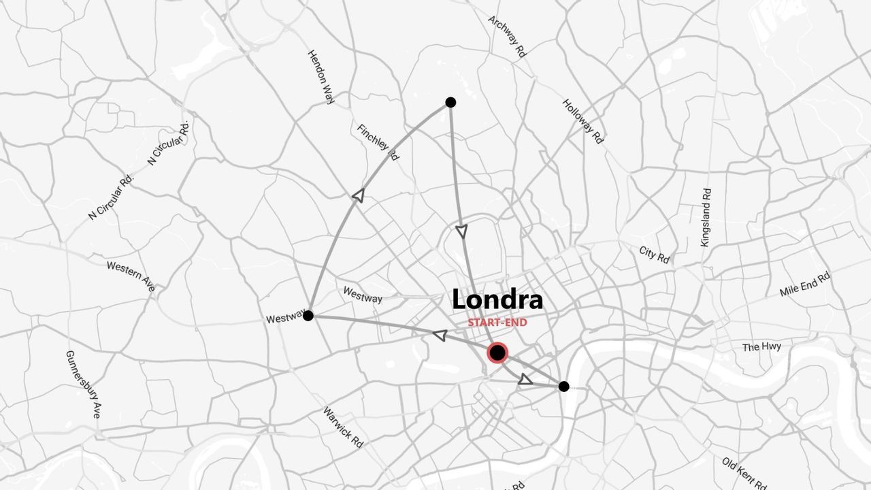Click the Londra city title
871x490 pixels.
tap(497, 299)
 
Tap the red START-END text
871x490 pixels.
tap(497, 323)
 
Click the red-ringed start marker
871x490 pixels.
tap(498, 353)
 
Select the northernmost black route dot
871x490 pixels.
tap(450, 102)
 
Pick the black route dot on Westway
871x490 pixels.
tap(308, 316)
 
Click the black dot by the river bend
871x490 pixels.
tap(563, 387)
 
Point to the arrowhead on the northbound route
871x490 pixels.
tap(358, 196)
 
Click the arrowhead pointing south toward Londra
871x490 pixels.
tap(462, 231)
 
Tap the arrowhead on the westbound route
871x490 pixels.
tap(440, 335)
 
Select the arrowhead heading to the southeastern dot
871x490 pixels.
tap(525, 380)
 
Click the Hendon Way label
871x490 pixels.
tap(321, 76)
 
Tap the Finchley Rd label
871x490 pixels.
tap(378, 142)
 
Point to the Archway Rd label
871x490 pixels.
tap(508, 37)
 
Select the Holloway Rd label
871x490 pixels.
tap(582, 121)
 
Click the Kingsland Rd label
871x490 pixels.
tap(706, 217)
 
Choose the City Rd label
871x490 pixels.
tap(655, 255)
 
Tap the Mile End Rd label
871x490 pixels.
tap(805, 284)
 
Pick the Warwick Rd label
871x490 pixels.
tap(343, 427)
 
